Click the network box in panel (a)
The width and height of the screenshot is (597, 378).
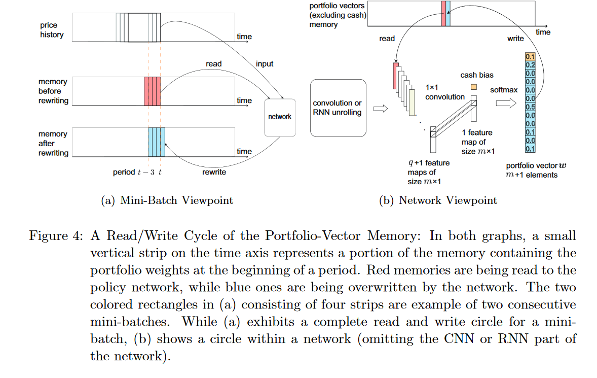(x=280, y=117)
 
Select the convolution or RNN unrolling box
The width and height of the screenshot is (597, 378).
(x=338, y=108)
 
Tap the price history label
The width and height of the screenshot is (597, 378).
(x=52, y=30)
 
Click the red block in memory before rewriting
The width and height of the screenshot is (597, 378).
(x=153, y=91)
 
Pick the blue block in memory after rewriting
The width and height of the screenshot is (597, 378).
(x=157, y=142)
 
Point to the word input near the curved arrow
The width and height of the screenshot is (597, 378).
(x=265, y=64)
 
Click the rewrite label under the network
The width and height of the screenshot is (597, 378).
(x=214, y=172)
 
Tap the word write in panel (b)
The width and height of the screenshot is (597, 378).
(x=515, y=39)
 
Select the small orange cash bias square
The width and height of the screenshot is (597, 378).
(x=474, y=87)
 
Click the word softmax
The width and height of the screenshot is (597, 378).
(x=504, y=90)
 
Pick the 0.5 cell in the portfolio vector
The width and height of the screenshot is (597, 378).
(x=530, y=107)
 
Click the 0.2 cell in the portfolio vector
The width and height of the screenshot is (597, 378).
(x=530, y=65)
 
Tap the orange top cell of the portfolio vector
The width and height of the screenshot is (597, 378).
(x=530, y=57)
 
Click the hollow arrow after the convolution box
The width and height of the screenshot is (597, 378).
(x=381, y=109)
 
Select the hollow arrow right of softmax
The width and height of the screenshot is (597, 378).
(x=506, y=103)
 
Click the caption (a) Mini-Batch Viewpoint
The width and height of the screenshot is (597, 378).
(x=167, y=200)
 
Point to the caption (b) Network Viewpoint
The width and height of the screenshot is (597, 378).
(x=438, y=200)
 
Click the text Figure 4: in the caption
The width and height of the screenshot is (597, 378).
(x=56, y=236)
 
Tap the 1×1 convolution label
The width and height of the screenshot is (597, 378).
(x=444, y=92)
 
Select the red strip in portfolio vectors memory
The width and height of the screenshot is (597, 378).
(x=443, y=13)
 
